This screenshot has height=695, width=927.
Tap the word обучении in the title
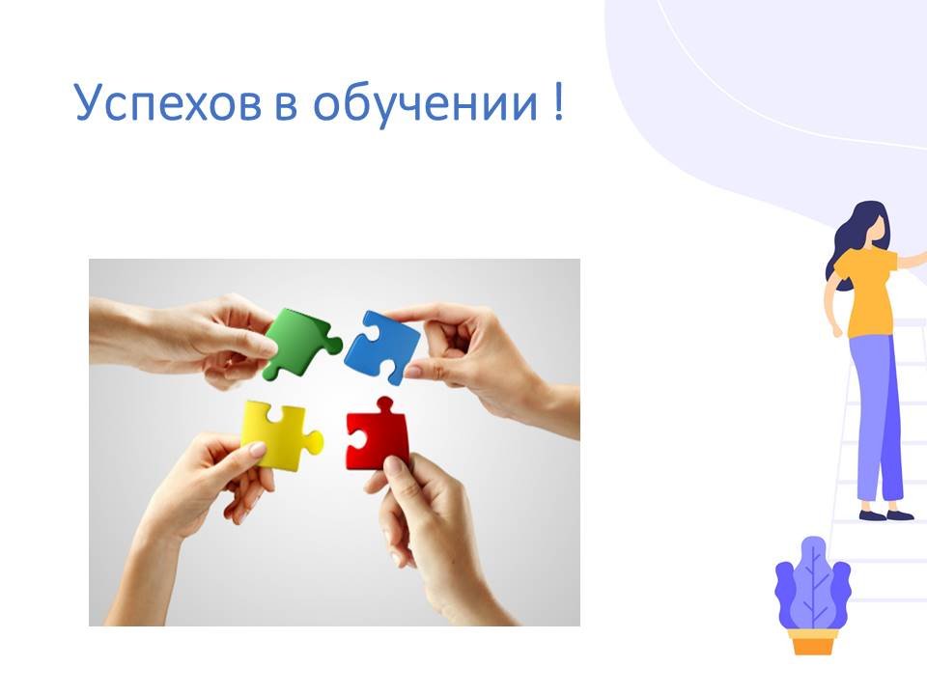pyautogui.click(x=425, y=103)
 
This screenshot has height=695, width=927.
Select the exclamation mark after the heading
pyautogui.click(x=559, y=101)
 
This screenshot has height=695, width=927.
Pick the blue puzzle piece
pyautogui.click(x=382, y=347)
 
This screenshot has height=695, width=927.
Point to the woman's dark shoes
pyautogui.click(x=886, y=514)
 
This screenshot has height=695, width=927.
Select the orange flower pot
pyautogui.click(x=813, y=641)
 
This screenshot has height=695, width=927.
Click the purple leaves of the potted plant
pyautogui.click(x=813, y=585)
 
